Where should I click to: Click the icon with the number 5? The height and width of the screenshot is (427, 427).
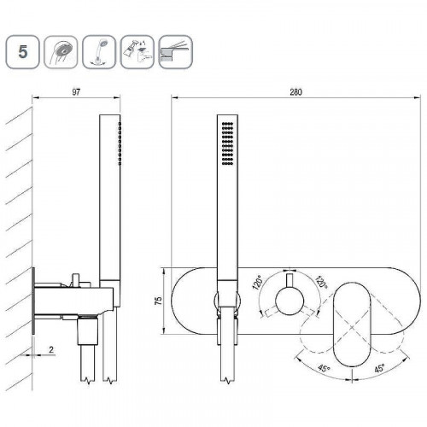coord(22,52)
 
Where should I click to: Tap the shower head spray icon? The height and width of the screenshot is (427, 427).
coord(61,52)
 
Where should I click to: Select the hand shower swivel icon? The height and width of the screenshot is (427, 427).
coord(99,52)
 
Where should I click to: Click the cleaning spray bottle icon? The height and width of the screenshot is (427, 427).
coord(137,52)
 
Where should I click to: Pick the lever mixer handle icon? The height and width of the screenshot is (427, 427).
coord(175,52)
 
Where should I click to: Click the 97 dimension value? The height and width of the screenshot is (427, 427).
coord(76,92)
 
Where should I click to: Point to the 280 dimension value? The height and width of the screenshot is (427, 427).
coord(296,92)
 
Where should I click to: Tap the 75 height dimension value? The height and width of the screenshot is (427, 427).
coord(158,301)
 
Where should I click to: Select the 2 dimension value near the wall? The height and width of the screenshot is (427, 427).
coord(51,349)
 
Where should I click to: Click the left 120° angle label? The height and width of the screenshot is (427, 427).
coord(258,282)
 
